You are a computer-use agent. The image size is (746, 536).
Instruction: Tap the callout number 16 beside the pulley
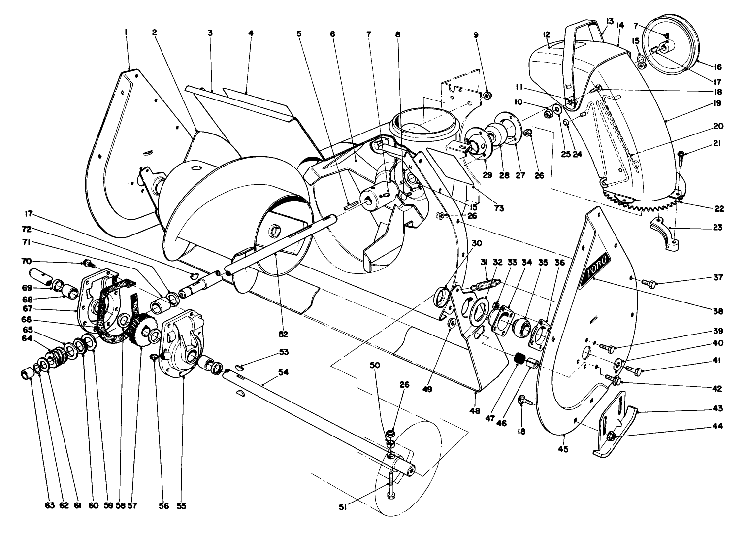[x=718, y=67]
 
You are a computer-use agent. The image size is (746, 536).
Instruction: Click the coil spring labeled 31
[x=486, y=286]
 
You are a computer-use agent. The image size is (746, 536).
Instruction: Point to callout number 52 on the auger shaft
[x=283, y=334]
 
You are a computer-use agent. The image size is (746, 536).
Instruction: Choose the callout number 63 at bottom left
[x=31, y=505]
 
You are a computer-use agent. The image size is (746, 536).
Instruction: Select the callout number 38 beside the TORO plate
[x=717, y=311]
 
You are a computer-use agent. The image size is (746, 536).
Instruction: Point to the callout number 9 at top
[x=475, y=35]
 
